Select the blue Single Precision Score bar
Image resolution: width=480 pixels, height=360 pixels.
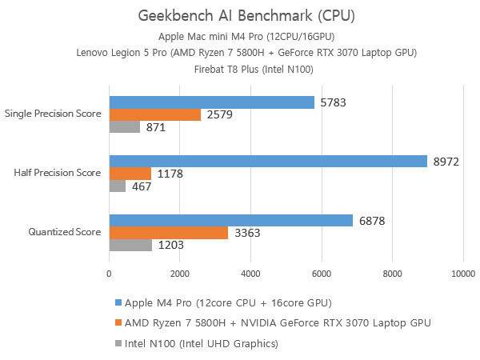coord(211,102)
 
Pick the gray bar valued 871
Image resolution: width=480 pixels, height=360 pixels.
coord(124,126)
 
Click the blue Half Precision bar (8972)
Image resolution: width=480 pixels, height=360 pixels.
coord(268,161)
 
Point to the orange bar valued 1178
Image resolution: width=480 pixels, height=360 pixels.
coord(130,173)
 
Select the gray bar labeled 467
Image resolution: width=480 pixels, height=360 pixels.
coord(117,186)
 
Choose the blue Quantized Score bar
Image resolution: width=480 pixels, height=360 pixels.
coord(230,220)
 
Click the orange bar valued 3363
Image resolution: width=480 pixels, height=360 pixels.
coord(168,232)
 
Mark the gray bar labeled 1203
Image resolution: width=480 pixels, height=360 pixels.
coord(130,245)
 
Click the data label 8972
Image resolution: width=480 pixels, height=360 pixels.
coord(446,161)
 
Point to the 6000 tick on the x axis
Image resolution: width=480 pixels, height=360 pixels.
coord(322,274)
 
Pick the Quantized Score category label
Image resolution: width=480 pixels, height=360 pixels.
coord(63,232)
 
